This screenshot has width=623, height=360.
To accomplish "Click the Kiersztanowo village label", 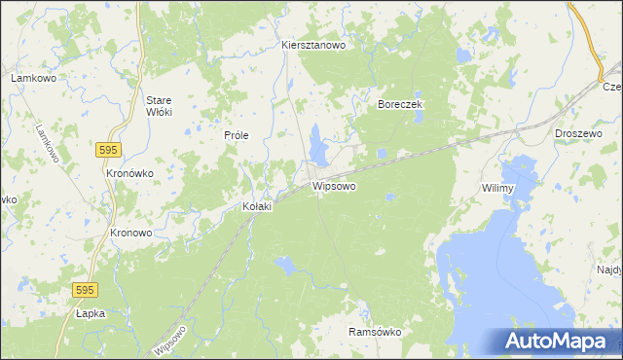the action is [313, 45].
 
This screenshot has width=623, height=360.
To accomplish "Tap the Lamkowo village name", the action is [30, 77].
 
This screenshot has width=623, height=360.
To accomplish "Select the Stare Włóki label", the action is [158, 106].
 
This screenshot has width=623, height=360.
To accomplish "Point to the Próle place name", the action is [238, 135].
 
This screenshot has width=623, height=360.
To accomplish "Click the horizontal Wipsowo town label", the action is [334, 185].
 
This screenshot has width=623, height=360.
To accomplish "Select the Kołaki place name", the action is [256, 207].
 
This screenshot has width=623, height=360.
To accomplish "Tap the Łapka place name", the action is [90, 313].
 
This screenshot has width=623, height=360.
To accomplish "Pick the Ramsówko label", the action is [375, 332].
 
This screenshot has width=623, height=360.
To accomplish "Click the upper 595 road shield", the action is [108, 149].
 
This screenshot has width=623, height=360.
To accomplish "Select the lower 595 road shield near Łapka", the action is [86, 290].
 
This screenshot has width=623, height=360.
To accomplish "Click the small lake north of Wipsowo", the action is [318, 145].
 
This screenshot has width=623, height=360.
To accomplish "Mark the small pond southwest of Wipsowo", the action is [285, 263].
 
